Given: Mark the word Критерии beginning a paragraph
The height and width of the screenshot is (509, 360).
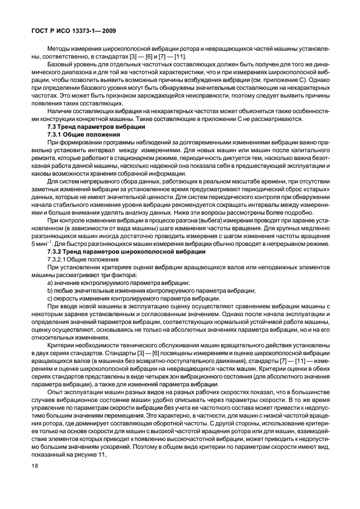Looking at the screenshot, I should tap(62, 346).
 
